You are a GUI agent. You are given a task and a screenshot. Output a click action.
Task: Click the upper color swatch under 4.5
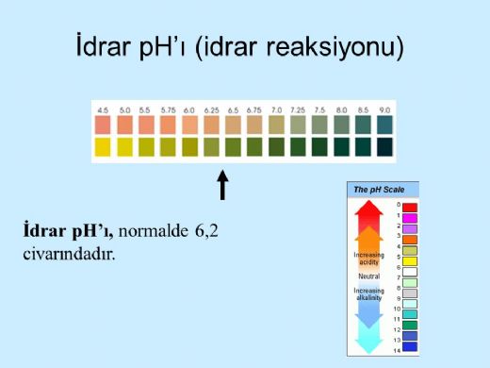tap(102, 125)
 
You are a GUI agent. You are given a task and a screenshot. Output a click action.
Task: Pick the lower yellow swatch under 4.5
tap(102, 146)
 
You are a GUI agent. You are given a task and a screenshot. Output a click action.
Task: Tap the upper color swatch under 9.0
tap(384, 125)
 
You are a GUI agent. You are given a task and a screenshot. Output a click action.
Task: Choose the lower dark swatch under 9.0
tap(384, 146)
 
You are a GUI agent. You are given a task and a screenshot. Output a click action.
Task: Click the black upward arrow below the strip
tap(223, 185)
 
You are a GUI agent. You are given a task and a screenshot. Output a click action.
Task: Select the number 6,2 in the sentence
tap(204, 231)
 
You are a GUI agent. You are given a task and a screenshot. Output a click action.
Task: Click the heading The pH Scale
tap(379, 190)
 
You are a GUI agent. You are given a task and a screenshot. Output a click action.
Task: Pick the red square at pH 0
tap(409, 206)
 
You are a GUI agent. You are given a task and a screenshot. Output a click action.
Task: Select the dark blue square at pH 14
tap(409, 346)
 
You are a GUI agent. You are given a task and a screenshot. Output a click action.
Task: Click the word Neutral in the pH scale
tap(368, 276)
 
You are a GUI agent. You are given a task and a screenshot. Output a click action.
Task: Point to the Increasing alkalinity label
tap(368, 294)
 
